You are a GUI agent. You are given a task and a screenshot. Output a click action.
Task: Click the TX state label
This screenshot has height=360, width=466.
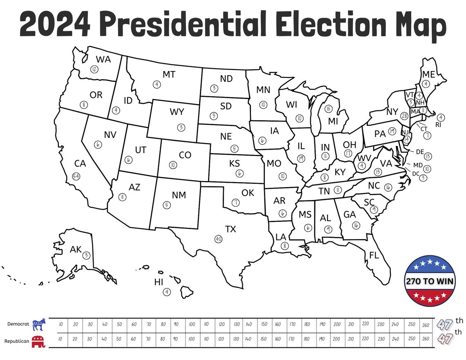tap(231, 229)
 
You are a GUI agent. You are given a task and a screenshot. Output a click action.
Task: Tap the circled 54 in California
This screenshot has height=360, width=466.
tap(76, 176)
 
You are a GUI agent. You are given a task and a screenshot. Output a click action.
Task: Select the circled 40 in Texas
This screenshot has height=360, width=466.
tap(218, 239)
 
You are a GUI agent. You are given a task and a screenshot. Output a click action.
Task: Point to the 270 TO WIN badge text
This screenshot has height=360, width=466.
tap(430, 282)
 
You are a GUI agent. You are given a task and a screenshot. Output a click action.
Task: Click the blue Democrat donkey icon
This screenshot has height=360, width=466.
tap(39, 324)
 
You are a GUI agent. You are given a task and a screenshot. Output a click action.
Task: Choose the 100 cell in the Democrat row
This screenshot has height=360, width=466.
tap(192, 324)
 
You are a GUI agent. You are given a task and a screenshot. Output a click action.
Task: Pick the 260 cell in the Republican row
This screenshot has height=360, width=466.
tap(425, 339)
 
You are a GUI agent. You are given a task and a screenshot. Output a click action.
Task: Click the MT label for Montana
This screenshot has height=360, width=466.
tap(169, 74)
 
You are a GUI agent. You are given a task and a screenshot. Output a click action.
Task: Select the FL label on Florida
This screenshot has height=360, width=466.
tap(374, 256)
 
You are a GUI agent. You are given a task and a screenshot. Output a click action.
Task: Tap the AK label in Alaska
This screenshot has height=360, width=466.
tap(76, 249)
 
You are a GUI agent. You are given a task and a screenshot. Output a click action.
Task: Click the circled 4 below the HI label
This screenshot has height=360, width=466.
tap(166, 292)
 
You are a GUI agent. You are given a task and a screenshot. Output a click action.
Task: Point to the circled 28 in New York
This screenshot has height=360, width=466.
tap(404, 116)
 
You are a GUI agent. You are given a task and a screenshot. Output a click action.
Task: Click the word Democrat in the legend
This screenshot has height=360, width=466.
tap(18, 324)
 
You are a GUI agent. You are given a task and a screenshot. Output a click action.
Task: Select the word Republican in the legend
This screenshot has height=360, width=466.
tap(17, 340)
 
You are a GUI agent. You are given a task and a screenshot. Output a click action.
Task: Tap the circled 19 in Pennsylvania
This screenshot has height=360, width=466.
tap(392, 131)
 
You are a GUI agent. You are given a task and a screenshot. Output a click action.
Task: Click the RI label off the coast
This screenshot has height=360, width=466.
tap(438, 125)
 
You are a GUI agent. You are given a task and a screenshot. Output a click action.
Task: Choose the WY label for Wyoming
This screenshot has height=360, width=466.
tap(177, 112)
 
